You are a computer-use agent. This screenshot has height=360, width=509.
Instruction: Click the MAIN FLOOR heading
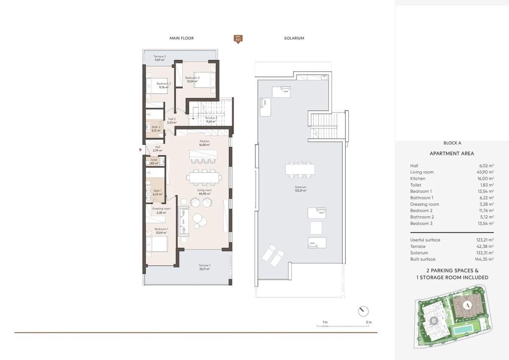[182, 38]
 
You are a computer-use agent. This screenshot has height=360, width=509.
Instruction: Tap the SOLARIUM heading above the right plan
[294, 38]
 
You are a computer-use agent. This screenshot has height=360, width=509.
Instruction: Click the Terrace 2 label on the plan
[159, 58]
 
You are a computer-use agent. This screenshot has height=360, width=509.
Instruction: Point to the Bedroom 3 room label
[192, 79]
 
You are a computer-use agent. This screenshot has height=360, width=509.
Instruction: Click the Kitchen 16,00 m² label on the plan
[205, 142]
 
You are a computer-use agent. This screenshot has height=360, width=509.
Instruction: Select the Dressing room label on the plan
[161, 210]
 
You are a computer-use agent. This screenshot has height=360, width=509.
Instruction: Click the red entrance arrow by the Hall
[140, 150]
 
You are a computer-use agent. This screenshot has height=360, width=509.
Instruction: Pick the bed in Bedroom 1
[157, 244]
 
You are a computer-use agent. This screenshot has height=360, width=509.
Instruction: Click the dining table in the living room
[204, 177]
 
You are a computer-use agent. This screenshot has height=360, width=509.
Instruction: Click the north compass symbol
[363, 311]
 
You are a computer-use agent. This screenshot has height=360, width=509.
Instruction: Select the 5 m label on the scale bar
[369, 323]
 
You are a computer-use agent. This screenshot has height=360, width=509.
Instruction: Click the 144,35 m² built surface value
[485, 259]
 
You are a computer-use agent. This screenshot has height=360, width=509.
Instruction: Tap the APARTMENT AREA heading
[452, 153]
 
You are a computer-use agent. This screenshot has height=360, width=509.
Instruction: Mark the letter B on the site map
[433, 321]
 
